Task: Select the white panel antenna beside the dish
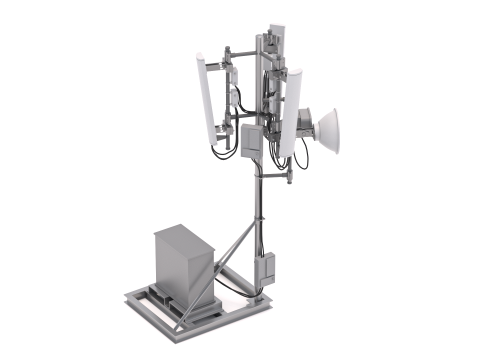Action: pos(290,112)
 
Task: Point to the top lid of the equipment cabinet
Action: pos(183,238)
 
